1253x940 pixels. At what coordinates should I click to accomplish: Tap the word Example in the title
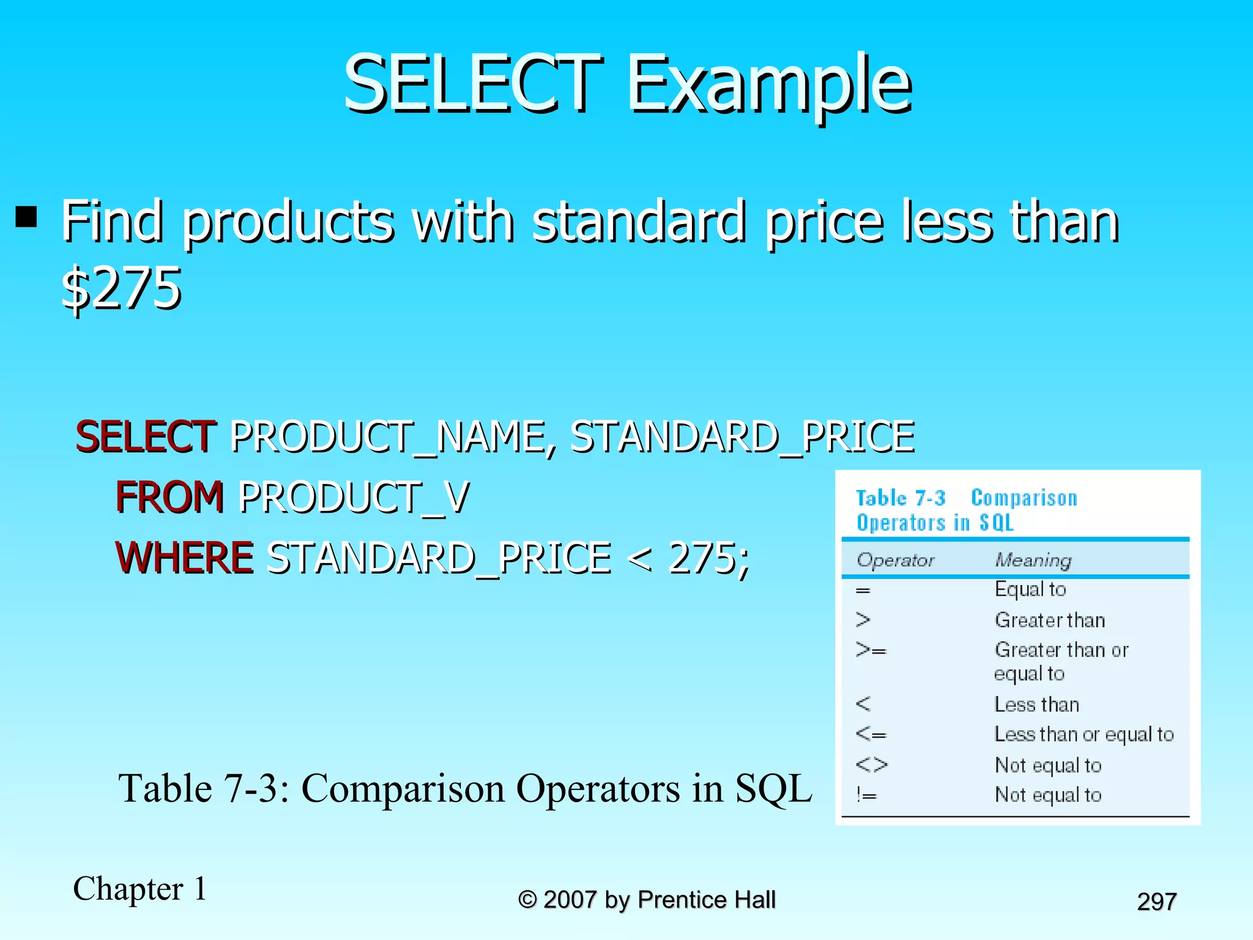[770, 86]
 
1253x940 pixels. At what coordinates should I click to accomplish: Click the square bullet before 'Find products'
[26, 216]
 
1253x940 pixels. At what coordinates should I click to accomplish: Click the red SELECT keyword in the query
[146, 437]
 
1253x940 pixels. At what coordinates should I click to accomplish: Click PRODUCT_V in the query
[354, 498]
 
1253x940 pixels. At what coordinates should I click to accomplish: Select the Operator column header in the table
[895, 560]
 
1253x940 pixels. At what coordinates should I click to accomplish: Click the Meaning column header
[1033, 560]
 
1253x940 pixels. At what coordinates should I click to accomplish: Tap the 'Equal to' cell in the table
[1030, 589]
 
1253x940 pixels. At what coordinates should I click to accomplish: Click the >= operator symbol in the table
[871, 650]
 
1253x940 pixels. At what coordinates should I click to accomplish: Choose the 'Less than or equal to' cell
[1084, 734]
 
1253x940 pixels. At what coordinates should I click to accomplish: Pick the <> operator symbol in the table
[871, 765]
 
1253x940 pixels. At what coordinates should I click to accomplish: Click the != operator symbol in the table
[867, 795]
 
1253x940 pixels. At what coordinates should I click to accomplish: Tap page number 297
[1156, 901]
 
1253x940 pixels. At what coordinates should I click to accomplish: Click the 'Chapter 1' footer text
[140, 889]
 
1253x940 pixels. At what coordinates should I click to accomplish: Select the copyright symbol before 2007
[527, 900]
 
